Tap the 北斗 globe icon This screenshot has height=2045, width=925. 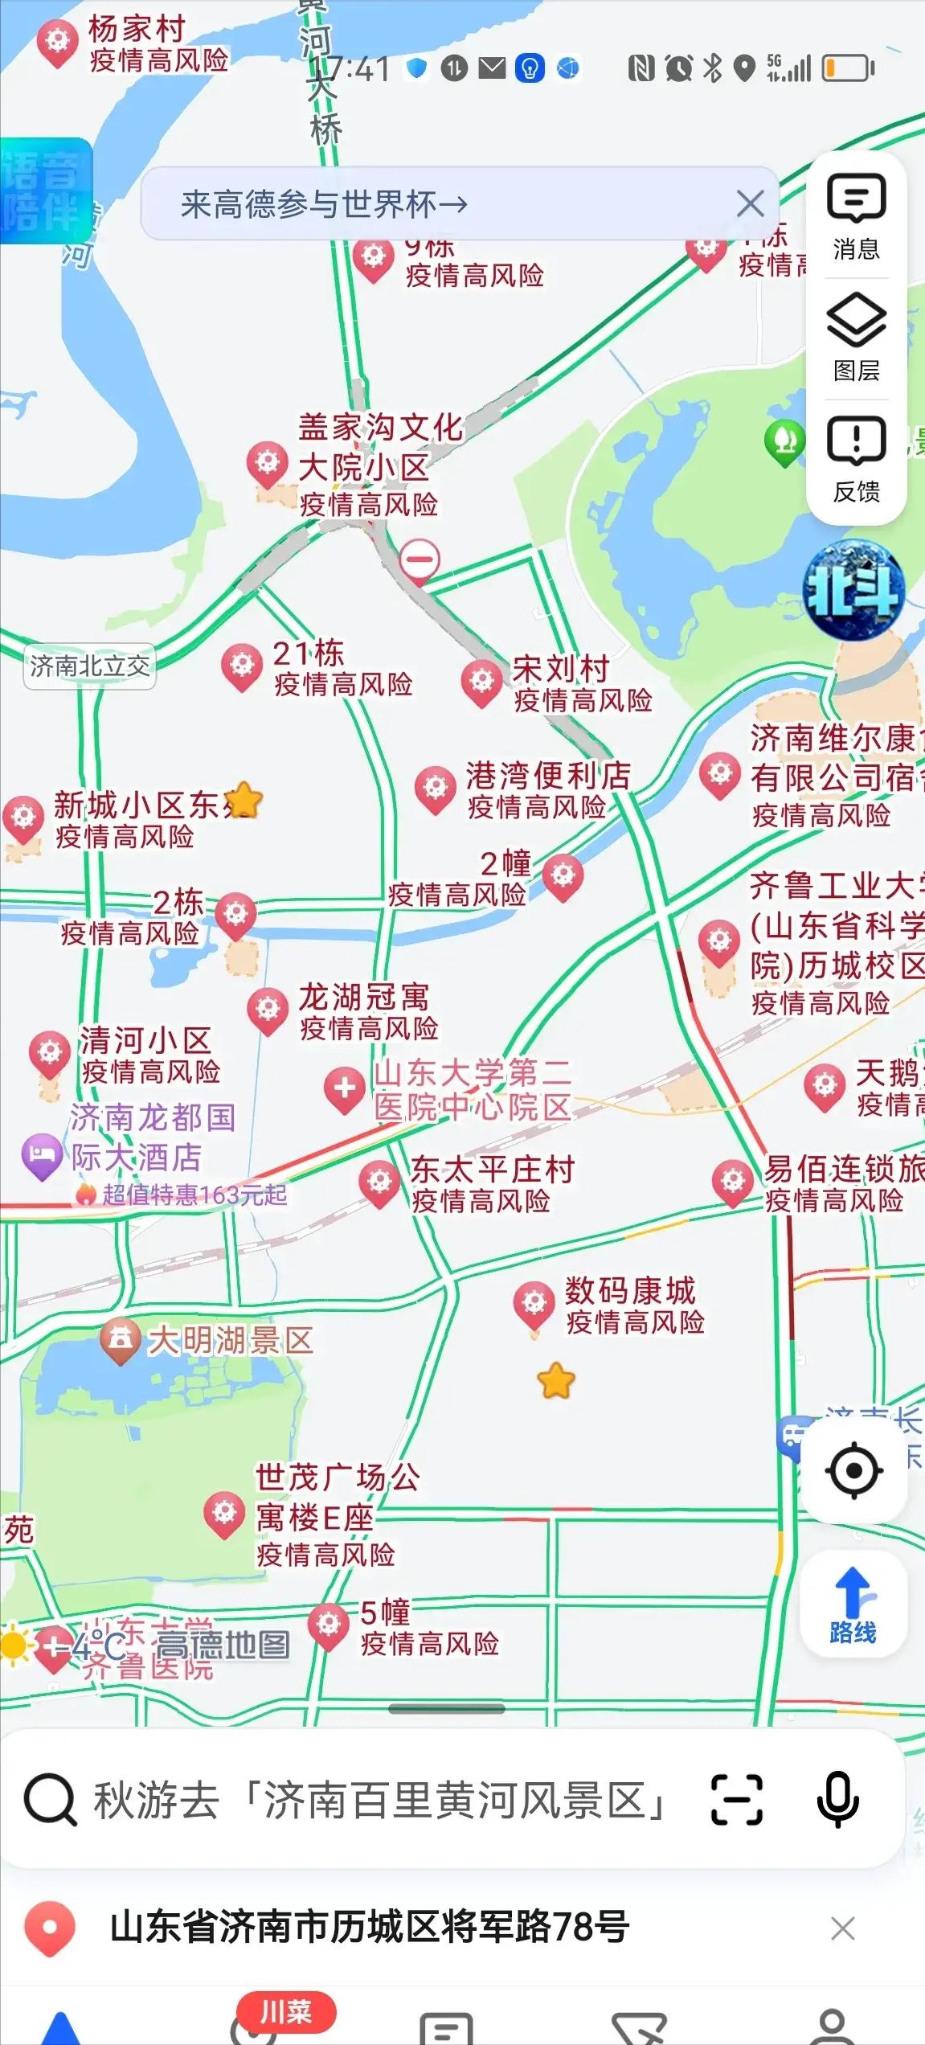click(x=854, y=592)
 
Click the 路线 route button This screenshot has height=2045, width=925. click(x=853, y=1604)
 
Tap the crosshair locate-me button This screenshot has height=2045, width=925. click(x=853, y=1470)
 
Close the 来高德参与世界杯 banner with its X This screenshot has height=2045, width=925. click(x=750, y=204)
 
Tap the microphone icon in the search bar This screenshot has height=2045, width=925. click(x=837, y=1799)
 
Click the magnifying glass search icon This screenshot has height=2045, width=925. click(x=50, y=1801)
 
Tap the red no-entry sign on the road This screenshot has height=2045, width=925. click(x=420, y=558)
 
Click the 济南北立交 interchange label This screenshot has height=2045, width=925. click(x=89, y=666)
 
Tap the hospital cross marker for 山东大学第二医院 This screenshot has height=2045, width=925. click(x=345, y=1089)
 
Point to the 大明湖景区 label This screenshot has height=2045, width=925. click(x=231, y=1341)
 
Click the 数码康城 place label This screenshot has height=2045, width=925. click(x=629, y=1291)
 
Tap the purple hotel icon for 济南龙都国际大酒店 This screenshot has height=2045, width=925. click(x=41, y=1155)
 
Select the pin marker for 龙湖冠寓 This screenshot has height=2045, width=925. click(x=268, y=1010)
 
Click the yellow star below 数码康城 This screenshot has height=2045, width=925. click(x=556, y=1382)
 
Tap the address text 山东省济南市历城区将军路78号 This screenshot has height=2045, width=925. click(x=370, y=1928)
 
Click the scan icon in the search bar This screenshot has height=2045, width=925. click(x=736, y=1799)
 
